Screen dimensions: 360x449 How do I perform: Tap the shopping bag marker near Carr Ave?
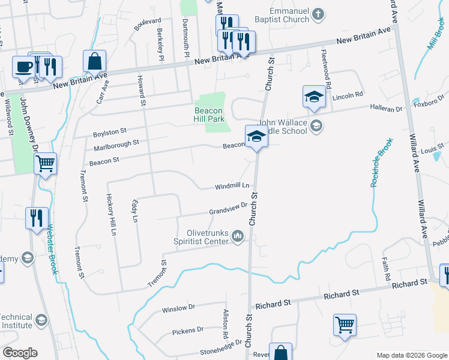(95, 61)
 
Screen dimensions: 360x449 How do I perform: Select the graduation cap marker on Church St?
(256, 136)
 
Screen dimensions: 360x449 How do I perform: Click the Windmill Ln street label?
(232, 187)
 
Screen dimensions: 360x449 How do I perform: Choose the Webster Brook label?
(52, 249)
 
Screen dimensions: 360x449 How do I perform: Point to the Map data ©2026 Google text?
(411, 355)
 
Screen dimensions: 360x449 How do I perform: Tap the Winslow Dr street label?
(178, 308)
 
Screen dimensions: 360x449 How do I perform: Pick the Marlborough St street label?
(116, 145)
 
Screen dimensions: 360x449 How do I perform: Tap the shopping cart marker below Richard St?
(345, 325)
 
